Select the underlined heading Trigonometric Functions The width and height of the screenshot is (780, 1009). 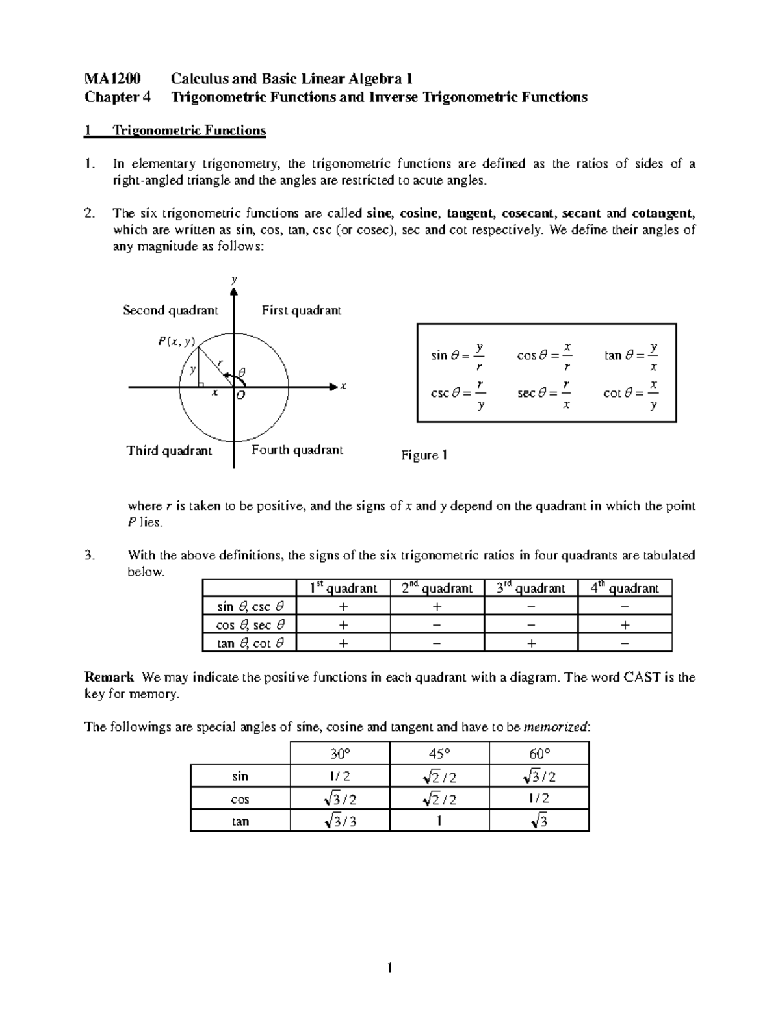coord(189,131)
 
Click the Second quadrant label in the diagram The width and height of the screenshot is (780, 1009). coord(170,311)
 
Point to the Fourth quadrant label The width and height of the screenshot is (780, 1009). coord(297,450)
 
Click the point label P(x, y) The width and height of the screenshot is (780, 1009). coord(175,341)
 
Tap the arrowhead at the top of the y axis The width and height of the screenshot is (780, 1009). coord(233,291)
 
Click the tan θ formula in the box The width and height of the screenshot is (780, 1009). coord(631,357)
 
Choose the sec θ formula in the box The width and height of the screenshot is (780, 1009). coord(545,394)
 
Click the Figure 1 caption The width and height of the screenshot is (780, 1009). coord(424,455)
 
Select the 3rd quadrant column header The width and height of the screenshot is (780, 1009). coord(530,588)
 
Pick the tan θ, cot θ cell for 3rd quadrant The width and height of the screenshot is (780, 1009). coord(531,643)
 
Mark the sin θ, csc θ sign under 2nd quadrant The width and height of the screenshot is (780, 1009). coord(437,607)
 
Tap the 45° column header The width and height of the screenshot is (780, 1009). coord(439,754)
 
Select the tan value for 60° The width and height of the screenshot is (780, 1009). coord(539,822)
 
